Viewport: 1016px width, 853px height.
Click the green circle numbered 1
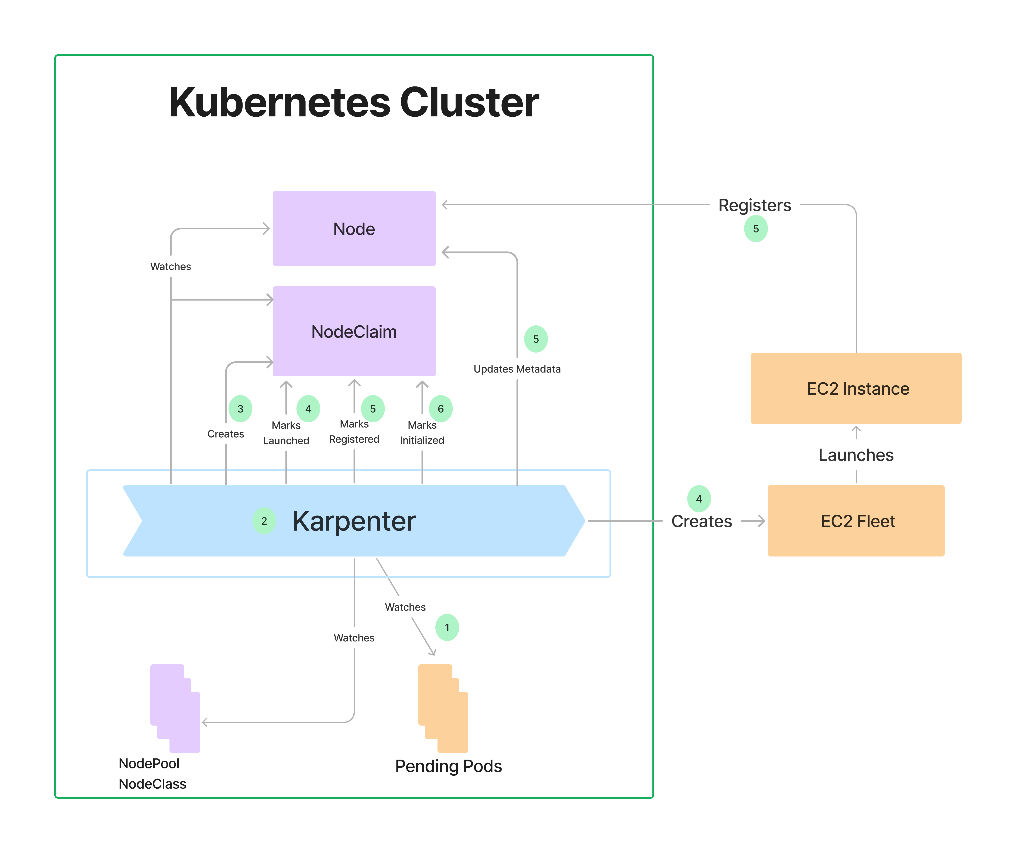447,627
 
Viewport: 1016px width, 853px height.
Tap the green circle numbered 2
264,521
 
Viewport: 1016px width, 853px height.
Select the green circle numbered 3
240,409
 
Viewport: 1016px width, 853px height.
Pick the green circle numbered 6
441,409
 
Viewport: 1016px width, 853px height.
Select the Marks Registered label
354,432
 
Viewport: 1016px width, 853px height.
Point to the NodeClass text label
152,784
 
